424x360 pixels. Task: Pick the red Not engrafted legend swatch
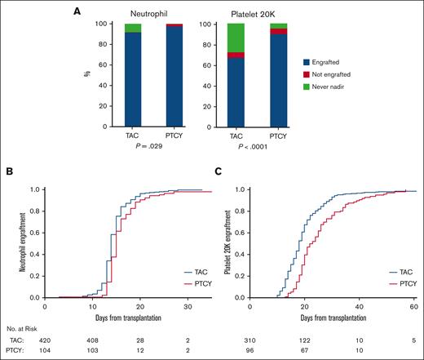point(307,73)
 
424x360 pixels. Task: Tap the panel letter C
point(219,171)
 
